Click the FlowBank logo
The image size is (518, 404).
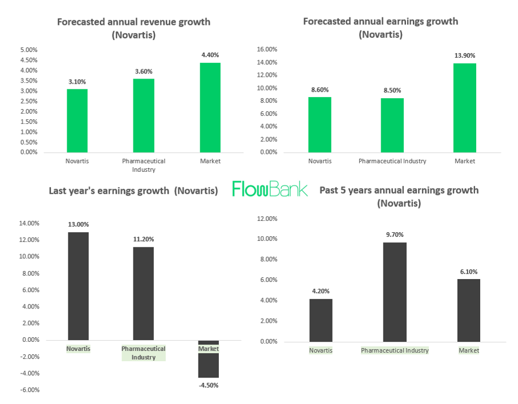(270, 189)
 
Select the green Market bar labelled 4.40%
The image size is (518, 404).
(210, 107)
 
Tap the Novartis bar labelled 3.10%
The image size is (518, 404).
(77, 120)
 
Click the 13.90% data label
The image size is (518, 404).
(465, 55)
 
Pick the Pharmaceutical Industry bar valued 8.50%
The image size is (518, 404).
(392, 125)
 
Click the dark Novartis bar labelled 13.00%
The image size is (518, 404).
(78, 286)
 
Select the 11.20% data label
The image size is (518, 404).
(143, 239)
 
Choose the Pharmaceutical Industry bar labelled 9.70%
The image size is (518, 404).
(395, 292)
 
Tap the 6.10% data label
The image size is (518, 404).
(469, 272)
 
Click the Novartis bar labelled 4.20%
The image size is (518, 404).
(321, 320)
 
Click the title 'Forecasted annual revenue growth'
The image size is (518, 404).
(133, 22)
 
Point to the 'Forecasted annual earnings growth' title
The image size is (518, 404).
(381, 21)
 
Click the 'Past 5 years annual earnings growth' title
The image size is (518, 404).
(399, 190)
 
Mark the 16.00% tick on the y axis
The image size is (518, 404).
(267, 49)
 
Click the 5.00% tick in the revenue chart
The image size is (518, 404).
(29, 50)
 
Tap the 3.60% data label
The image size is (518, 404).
(143, 71)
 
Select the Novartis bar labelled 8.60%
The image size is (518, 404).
(320, 124)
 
